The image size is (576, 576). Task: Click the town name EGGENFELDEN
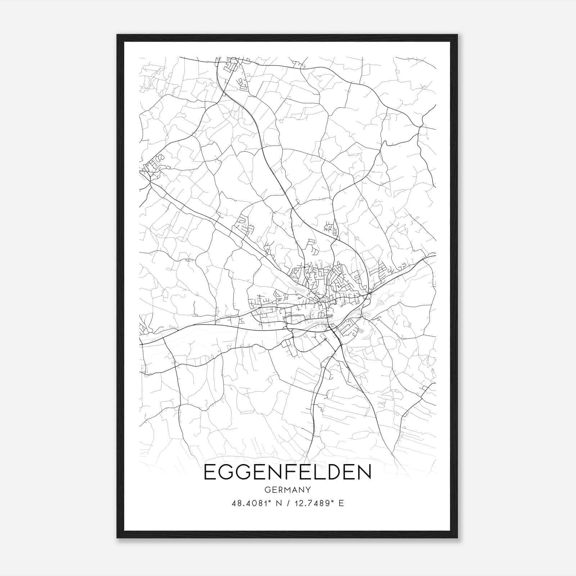point(287,472)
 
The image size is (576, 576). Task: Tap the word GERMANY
point(287,490)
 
